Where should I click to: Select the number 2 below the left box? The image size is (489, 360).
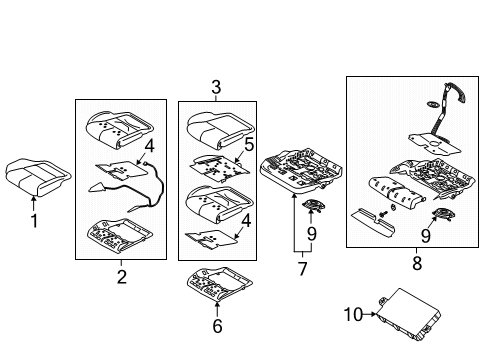click(120, 275)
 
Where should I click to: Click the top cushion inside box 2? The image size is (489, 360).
click(120, 129)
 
